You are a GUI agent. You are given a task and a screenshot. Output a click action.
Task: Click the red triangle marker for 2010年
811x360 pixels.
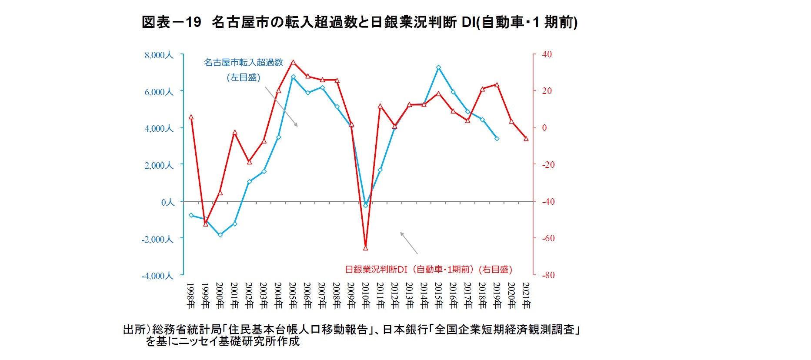[365, 248]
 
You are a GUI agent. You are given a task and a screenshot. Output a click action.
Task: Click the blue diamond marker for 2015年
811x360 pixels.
[438, 67]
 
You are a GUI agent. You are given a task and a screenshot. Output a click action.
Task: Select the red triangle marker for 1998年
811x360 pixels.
[191, 117]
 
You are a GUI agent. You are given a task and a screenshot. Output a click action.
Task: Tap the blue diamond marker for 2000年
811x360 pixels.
[220, 235]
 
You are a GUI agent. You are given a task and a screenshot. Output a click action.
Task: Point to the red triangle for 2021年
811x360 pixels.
[526, 139]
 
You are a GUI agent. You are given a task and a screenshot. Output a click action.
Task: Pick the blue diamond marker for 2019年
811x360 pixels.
[497, 139]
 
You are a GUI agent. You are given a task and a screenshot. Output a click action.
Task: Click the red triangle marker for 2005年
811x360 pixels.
[293, 63]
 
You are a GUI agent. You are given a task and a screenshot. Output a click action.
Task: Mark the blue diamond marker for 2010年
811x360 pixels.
[365, 205]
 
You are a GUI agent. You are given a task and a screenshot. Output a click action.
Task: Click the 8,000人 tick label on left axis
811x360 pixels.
[159, 55]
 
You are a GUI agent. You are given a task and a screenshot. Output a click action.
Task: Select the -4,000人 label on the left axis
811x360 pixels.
[157, 276]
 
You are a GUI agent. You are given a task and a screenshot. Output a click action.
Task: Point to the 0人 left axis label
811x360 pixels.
[167, 202]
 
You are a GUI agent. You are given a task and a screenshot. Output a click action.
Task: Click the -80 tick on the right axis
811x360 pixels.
[548, 275]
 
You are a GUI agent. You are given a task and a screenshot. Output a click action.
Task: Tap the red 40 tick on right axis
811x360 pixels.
[547, 54]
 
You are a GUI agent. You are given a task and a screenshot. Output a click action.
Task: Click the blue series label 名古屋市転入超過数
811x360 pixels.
[244, 63]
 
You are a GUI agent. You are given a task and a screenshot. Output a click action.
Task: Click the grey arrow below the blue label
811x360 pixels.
[281, 107]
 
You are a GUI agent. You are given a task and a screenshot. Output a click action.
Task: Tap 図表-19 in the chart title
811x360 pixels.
[171, 22]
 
